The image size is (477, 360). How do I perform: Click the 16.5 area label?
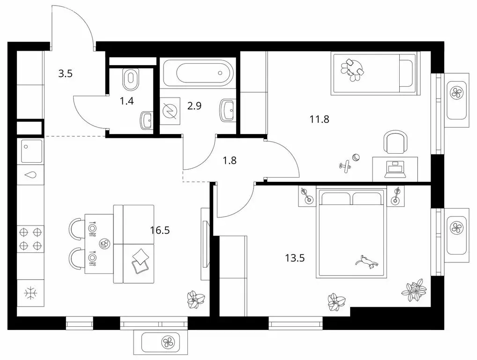click(x=160, y=230)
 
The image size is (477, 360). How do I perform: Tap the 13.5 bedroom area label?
click(x=295, y=258)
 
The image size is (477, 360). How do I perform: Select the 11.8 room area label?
click(x=320, y=119)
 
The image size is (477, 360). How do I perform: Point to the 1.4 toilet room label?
click(x=127, y=101)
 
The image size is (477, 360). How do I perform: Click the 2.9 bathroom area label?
click(x=194, y=106)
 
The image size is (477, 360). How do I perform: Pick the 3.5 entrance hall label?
click(x=66, y=74)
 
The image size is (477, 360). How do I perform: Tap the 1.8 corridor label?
click(x=230, y=160)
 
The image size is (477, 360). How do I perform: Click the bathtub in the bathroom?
click(x=198, y=73)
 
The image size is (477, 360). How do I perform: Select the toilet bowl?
click(x=131, y=79)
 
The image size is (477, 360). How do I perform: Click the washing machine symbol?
click(x=170, y=111)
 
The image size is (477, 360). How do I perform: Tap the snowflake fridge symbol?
click(x=30, y=293)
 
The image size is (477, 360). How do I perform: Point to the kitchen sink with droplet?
click(x=30, y=175)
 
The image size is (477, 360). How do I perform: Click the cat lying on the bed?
click(x=366, y=262)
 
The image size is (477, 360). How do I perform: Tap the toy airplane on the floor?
click(x=345, y=166)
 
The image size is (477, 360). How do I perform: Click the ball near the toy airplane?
click(x=356, y=157)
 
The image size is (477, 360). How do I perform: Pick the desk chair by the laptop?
click(x=395, y=142)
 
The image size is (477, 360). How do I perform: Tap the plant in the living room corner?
click(x=195, y=299)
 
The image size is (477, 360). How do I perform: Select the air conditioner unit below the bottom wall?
click(x=160, y=343)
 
